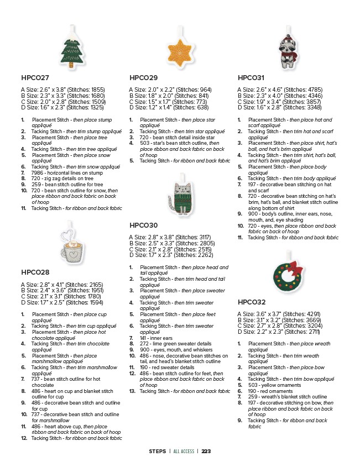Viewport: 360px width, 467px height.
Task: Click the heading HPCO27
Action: click(35, 78)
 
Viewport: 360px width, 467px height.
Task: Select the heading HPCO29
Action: click(143, 78)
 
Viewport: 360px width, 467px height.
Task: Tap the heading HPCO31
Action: click(251, 78)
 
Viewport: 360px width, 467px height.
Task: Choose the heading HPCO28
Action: click(35, 272)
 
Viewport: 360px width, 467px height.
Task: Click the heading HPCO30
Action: click(143, 225)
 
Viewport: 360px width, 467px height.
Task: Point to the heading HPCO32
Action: click(252, 302)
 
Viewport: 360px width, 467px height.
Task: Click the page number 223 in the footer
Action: click(206, 451)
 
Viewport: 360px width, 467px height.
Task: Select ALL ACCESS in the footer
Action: click(184, 451)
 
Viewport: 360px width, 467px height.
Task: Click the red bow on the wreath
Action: click(295, 268)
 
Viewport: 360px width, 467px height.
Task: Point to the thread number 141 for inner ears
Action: click(144, 338)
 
